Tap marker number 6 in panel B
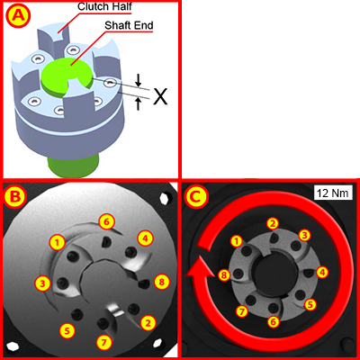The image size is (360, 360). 106,220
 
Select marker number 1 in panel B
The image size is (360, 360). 58,242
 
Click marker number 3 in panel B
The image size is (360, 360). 42,283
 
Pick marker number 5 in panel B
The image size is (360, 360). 66,330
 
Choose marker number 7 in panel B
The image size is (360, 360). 104,342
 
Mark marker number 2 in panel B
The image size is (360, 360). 148,321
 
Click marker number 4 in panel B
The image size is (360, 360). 144,238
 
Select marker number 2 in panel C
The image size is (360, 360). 273,222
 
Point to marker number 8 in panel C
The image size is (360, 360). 224,274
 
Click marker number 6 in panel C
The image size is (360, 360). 274,321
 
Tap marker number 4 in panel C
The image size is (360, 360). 321,271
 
